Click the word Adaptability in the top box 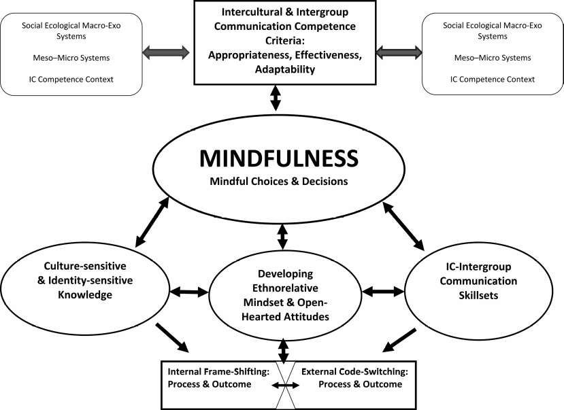coord(276,69)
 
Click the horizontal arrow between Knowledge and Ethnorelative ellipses coord(189,292)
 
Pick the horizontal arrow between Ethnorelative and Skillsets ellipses coord(382,292)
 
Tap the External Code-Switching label coord(354,372)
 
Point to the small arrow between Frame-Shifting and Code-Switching coord(286,386)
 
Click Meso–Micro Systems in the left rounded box coord(72,58)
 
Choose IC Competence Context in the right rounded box coord(493,80)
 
